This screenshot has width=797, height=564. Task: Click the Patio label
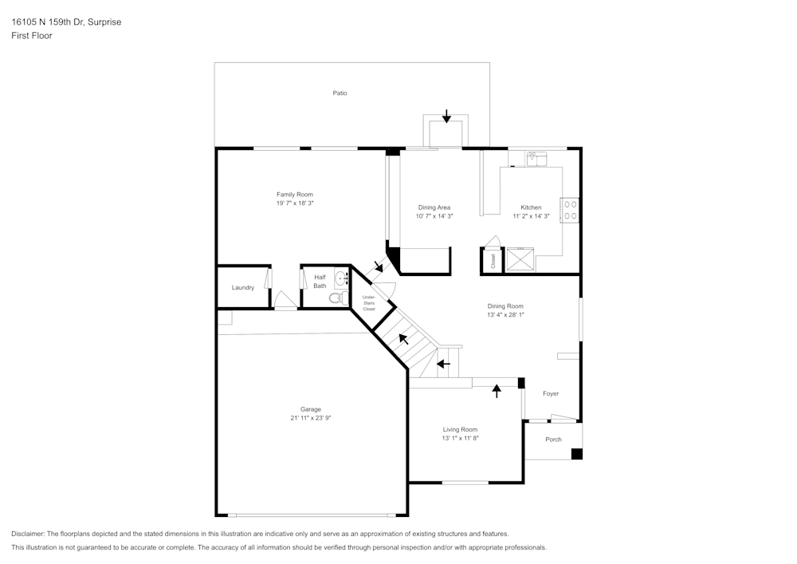click(340, 93)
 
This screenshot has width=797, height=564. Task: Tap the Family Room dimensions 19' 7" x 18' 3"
click(295, 203)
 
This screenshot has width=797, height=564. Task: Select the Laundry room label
click(242, 287)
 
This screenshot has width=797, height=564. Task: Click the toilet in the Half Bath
click(338, 298)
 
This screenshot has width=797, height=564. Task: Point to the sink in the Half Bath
click(341, 278)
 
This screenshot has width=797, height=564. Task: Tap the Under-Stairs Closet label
click(368, 303)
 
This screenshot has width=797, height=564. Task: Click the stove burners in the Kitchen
click(570, 210)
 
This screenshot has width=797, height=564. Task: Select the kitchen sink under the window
click(536, 159)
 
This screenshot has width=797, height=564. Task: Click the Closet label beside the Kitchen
click(493, 262)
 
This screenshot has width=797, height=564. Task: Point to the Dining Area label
click(434, 207)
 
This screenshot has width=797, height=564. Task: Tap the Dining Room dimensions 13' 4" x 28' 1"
click(505, 315)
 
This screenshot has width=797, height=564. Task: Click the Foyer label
click(551, 393)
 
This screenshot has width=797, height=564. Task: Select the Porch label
click(554, 440)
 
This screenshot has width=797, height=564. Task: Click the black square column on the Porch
click(577, 454)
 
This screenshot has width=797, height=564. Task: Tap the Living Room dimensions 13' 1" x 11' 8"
click(460, 438)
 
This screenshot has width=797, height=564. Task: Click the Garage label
click(311, 409)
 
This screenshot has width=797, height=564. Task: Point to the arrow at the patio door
click(446, 116)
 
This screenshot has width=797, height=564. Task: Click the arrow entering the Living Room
click(497, 391)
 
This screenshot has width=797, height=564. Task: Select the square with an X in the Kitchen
click(520, 259)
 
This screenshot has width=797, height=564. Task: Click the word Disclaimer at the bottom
click(27, 534)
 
